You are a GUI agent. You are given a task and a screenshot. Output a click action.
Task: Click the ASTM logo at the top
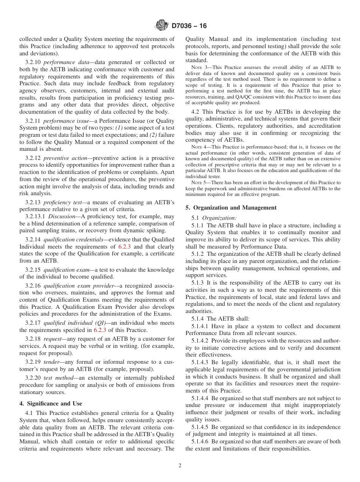pyautogui.click(x=162, y=26)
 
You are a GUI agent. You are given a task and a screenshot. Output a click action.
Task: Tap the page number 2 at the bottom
pyautogui.click(x=180, y=466)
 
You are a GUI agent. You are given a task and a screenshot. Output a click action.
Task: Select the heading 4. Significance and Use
pyautogui.click(x=51, y=403)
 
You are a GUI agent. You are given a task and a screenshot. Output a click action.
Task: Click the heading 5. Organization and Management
pyautogui.click(x=231, y=207)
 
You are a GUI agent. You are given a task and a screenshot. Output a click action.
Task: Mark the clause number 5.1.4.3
pyautogui.click(x=200, y=362)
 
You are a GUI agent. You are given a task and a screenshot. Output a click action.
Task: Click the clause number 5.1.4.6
pyautogui.click(x=200, y=441)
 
